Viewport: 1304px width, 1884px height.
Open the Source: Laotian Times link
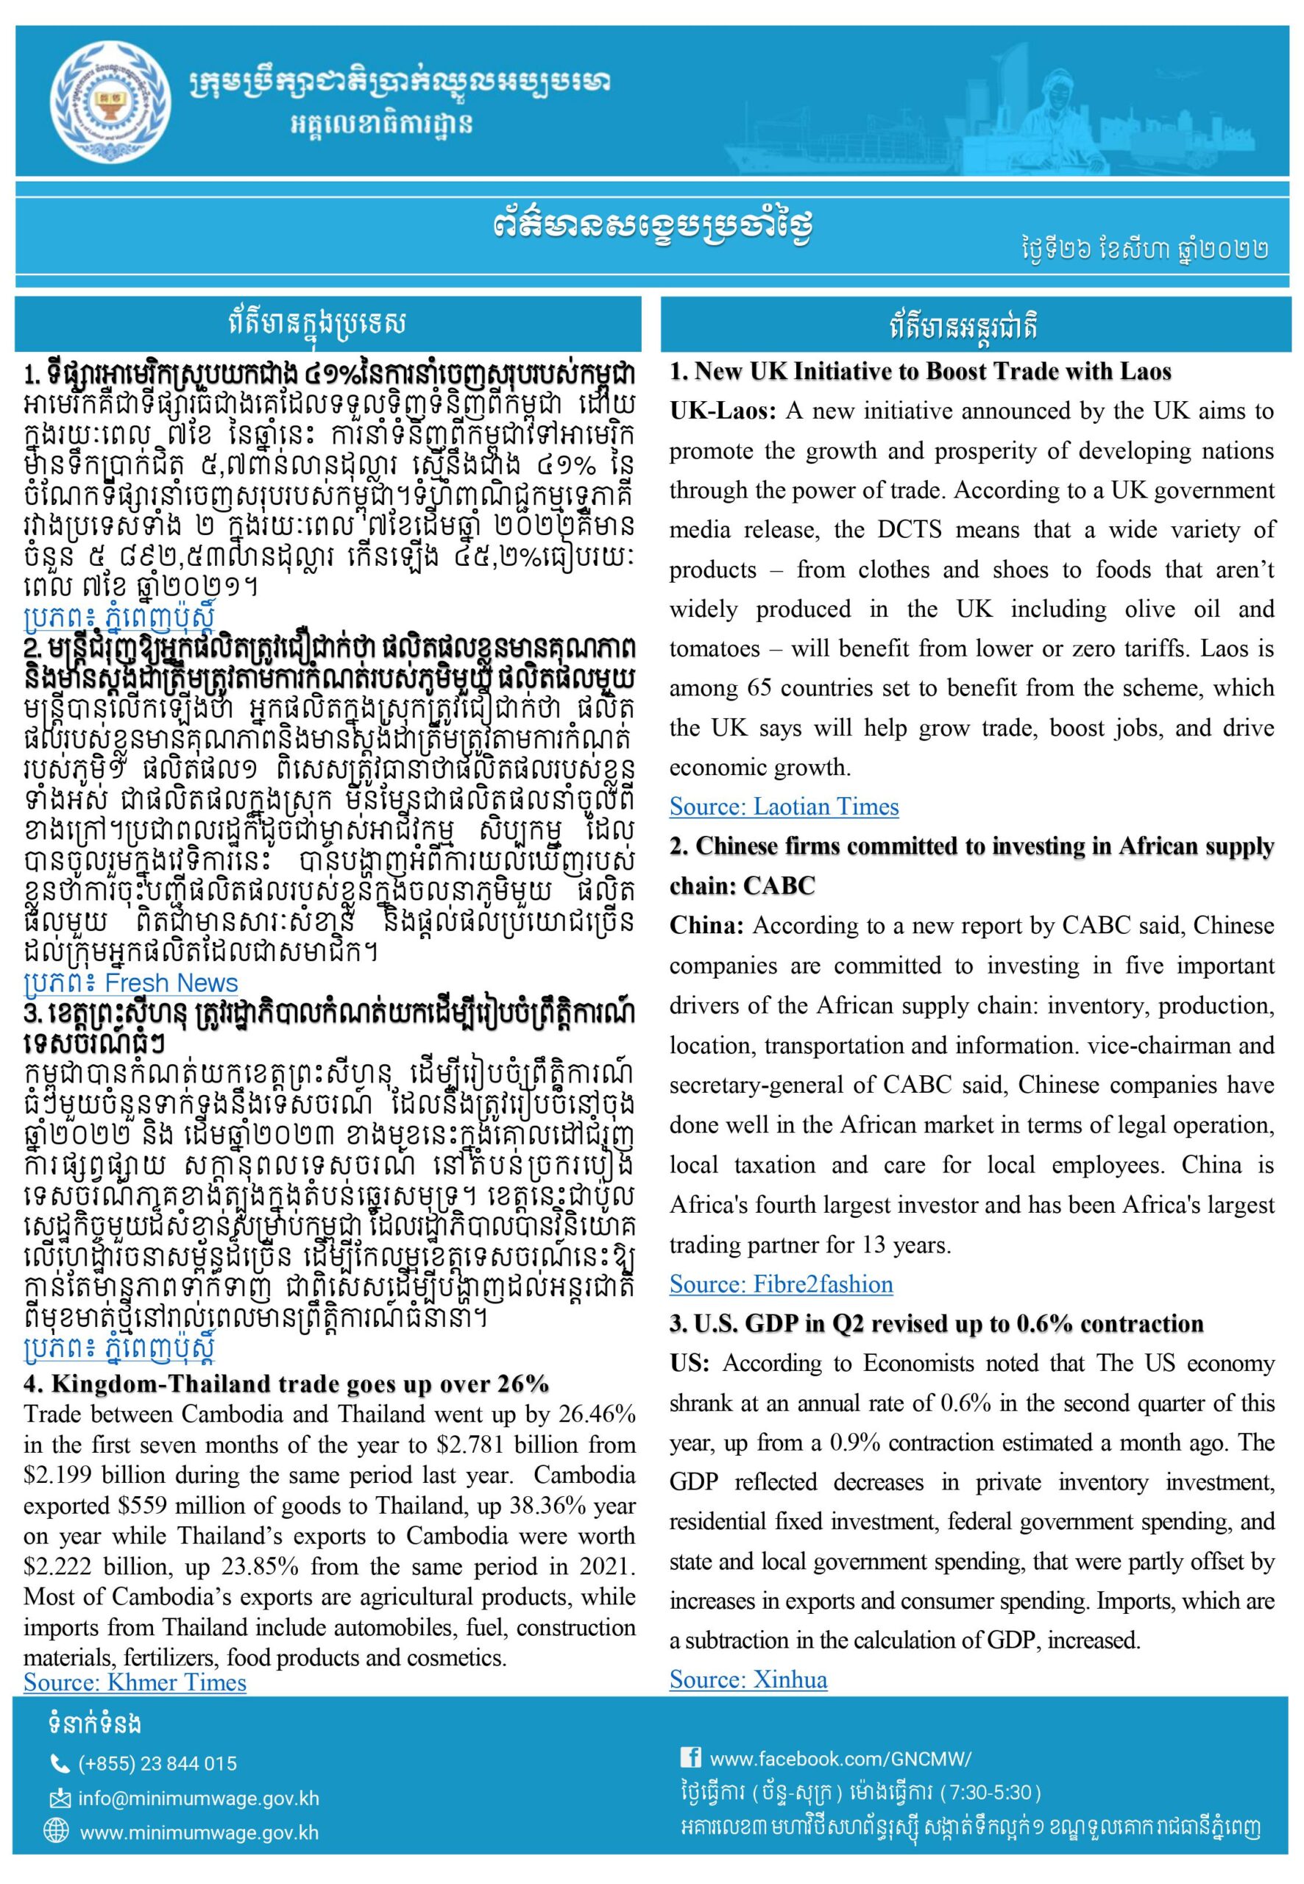pyautogui.click(x=784, y=807)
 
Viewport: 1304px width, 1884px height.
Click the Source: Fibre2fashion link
pyautogui.click(x=780, y=1284)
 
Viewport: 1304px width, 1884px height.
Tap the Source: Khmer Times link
pyautogui.click(x=135, y=1682)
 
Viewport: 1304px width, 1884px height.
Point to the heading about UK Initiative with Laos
pyautogui.click(x=921, y=372)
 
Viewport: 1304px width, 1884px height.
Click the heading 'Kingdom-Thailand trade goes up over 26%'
pyautogui.click(x=287, y=1384)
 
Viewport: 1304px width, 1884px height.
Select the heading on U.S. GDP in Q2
pyautogui.click(x=936, y=1325)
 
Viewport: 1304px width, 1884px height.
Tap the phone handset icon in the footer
pyautogui.click(x=59, y=1764)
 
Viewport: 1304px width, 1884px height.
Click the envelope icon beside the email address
pyautogui.click(x=59, y=1798)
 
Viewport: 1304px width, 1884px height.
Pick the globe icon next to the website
pyautogui.click(x=59, y=1832)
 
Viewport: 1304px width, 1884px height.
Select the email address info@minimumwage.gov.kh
pyautogui.click(x=199, y=1798)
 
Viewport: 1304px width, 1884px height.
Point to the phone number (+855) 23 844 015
pyautogui.click(x=157, y=1764)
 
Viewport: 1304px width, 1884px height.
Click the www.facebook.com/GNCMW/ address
pyautogui.click(x=840, y=1758)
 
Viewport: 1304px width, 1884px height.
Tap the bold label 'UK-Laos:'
pyautogui.click(x=721, y=412)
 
